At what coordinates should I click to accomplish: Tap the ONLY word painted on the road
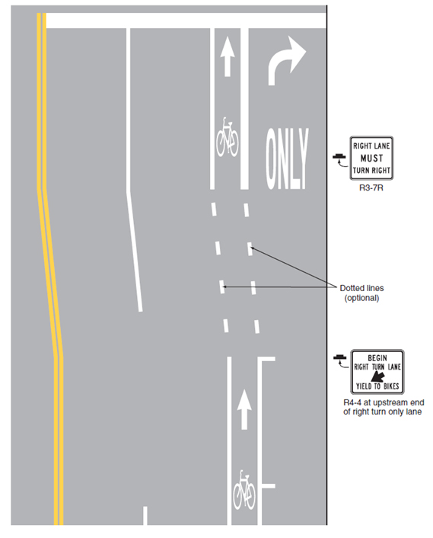pyautogui.click(x=287, y=159)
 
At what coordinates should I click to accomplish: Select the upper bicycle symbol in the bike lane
pyautogui.click(x=228, y=137)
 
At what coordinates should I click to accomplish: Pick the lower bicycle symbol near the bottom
pyautogui.click(x=244, y=490)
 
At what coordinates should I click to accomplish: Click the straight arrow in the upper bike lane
pyautogui.click(x=227, y=56)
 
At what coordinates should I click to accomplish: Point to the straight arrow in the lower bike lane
pyautogui.click(x=244, y=409)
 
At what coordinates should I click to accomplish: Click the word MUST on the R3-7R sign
pyautogui.click(x=371, y=159)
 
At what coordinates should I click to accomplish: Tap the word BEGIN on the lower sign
pyautogui.click(x=377, y=358)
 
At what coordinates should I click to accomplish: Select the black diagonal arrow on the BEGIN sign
pyautogui.click(x=378, y=376)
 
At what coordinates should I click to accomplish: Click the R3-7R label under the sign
pyautogui.click(x=371, y=187)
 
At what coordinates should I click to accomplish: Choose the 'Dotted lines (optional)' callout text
pyautogui.click(x=361, y=293)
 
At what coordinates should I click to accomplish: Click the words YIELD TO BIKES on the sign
pyautogui.click(x=377, y=386)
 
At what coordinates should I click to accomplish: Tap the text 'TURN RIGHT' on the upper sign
pyautogui.click(x=371, y=170)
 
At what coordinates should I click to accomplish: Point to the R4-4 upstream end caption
pyautogui.click(x=384, y=407)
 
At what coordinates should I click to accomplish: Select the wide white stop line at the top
pyautogui.click(x=186, y=21)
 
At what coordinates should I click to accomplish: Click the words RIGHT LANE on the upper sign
pyautogui.click(x=371, y=146)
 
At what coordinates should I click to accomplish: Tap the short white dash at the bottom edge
pyautogui.click(x=145, y=515)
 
